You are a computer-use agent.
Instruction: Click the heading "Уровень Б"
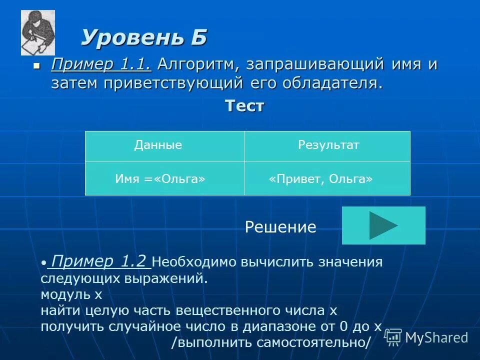(144, 38)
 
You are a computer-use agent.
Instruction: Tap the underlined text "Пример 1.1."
(101, 64)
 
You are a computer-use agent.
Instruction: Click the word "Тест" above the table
(244, 106)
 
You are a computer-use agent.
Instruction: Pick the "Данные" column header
(158, 145)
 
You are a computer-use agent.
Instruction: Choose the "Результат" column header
(328, 145)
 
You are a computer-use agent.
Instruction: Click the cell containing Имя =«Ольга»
(160, 178)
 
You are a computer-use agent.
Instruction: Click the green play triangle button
(383, 225)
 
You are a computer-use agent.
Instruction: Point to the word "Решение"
(280, 227)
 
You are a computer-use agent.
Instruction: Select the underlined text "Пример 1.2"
(99, 261)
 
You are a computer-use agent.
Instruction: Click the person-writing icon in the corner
(37, 32)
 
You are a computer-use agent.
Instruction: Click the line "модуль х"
(71, 294)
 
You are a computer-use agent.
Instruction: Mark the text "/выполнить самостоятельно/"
(271, 342)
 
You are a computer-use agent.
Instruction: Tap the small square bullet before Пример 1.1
(35, 65)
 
